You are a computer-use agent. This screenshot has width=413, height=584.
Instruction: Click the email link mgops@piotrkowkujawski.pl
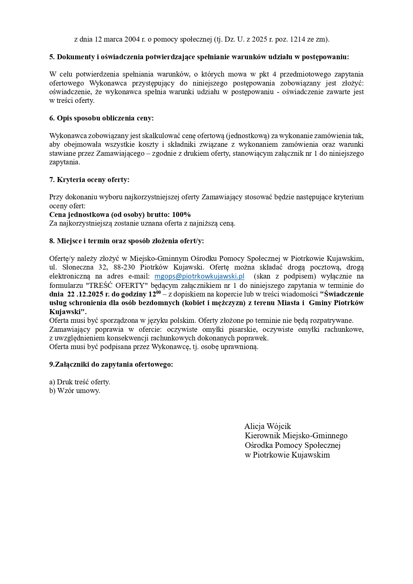click(x=199, y=276)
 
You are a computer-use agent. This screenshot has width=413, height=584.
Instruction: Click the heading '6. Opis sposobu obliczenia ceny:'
click(x=102, y=118)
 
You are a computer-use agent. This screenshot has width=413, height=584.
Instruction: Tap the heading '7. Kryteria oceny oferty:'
click(x=89, y=180)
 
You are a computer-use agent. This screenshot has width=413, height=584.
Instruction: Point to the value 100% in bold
click(x=181, y=215)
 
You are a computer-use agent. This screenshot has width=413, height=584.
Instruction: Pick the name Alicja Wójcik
click(x=268, y=426)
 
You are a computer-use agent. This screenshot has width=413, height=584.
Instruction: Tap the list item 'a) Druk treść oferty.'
click(x=80, y=382)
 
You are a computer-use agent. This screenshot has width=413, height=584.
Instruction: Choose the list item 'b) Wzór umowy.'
click(x=75, y=391)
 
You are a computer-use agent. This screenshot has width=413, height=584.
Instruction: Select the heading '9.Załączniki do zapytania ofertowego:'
click(x=111, y=364)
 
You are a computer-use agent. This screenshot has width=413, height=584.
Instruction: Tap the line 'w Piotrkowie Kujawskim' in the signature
click(x=287, y=455)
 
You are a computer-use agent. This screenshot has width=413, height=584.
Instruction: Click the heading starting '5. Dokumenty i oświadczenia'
click(x=199, y=57)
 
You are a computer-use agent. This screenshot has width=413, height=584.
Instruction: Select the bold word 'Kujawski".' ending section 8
click(x=68, y=312)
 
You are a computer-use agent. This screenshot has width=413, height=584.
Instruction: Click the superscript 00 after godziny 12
click(x=158, y=292)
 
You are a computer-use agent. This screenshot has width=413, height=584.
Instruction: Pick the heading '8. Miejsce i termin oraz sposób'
click(x=126, y=241)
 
